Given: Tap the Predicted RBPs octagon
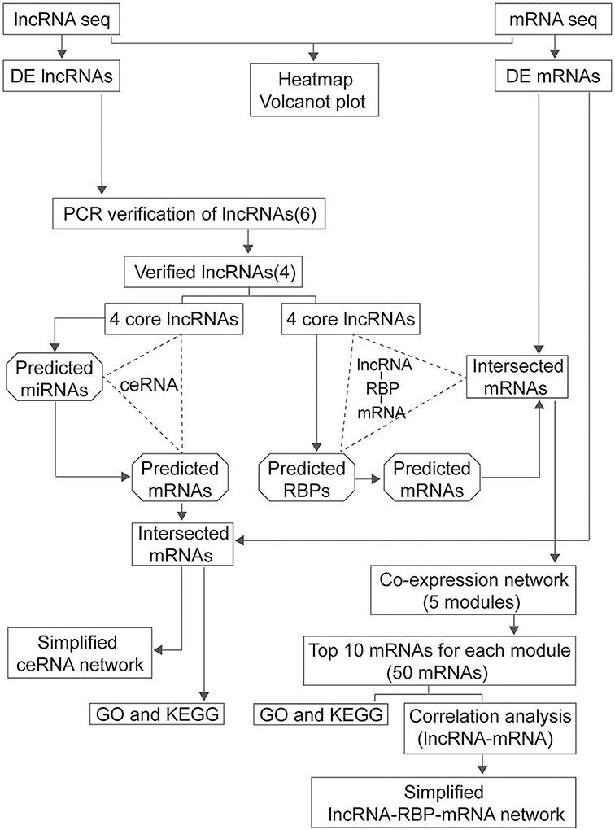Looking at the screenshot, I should pos(307,479).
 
